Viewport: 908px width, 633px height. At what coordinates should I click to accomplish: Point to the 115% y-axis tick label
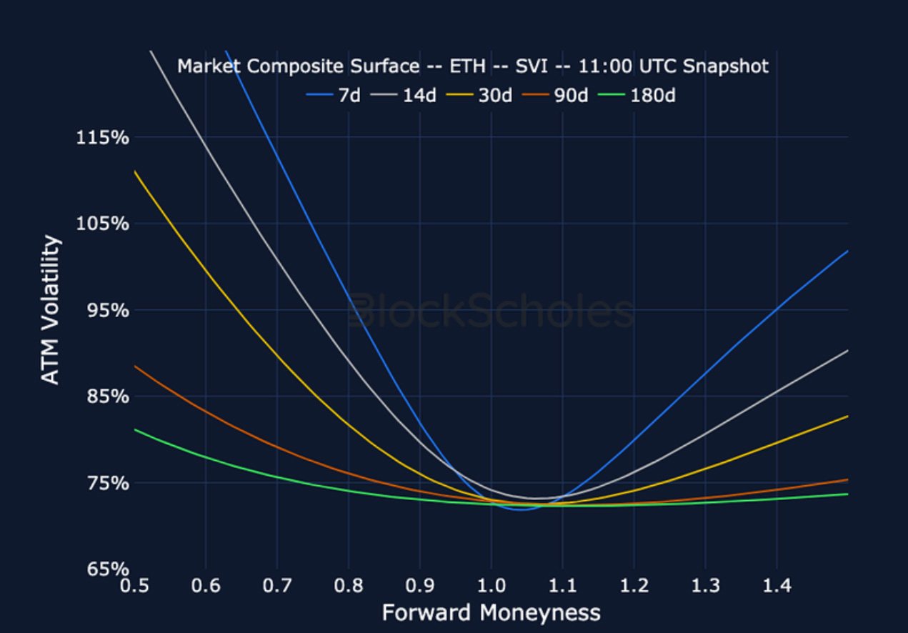tap(102, 137)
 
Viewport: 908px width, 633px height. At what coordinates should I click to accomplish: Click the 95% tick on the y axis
tap(106, 311)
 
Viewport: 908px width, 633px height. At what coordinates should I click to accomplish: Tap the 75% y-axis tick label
tap(106, 484)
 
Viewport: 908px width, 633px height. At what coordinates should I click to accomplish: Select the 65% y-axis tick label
tap(106, 569)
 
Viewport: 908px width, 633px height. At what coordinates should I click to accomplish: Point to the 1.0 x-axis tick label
tap(491, 587)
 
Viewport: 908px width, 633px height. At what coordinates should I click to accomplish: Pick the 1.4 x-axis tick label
tap(777, 587)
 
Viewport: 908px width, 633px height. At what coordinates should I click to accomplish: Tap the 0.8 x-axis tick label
tap(348, 587)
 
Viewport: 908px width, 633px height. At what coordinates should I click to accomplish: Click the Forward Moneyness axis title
tap(491, 613)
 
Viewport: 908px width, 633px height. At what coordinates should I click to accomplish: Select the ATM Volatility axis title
tap(50, 310)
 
